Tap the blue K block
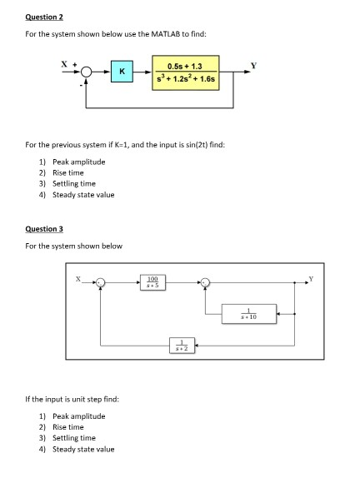pyautogui.click(x=122, y=72)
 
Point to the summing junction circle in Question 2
pyautogui.click(x=87, y=72)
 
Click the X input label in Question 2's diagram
pyautogui.click(x=62, y=62)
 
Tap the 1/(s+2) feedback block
pyautogui.click(x=177, y=344)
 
